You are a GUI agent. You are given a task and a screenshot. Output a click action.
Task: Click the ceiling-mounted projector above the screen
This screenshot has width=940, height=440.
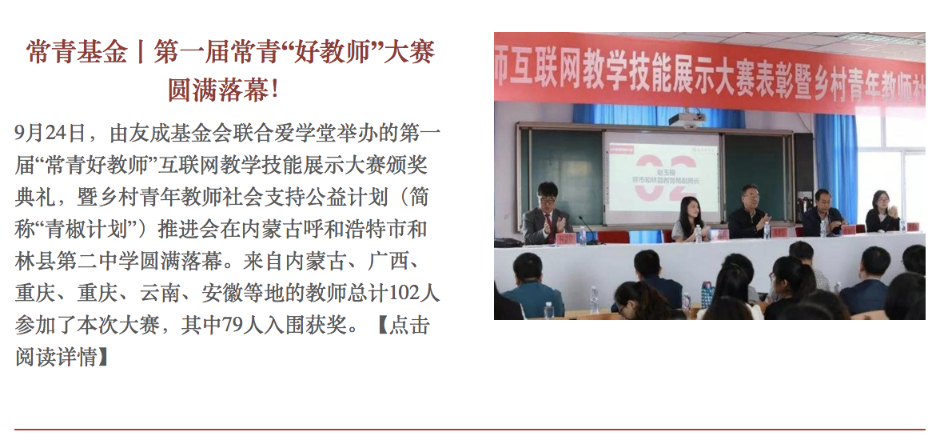[x=687, y=119]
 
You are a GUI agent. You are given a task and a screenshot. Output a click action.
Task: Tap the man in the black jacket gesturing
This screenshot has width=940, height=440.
[x=749, y=211]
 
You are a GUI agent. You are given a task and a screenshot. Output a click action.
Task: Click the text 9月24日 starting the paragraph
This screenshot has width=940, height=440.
[x=50, y=132]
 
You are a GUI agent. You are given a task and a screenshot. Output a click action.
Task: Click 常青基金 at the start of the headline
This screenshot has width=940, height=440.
[x=77, y=53]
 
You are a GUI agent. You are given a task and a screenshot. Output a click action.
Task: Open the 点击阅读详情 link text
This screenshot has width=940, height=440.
[x=222, y=342]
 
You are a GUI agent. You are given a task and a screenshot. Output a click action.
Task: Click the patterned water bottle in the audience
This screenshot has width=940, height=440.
[x=707, y=294]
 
